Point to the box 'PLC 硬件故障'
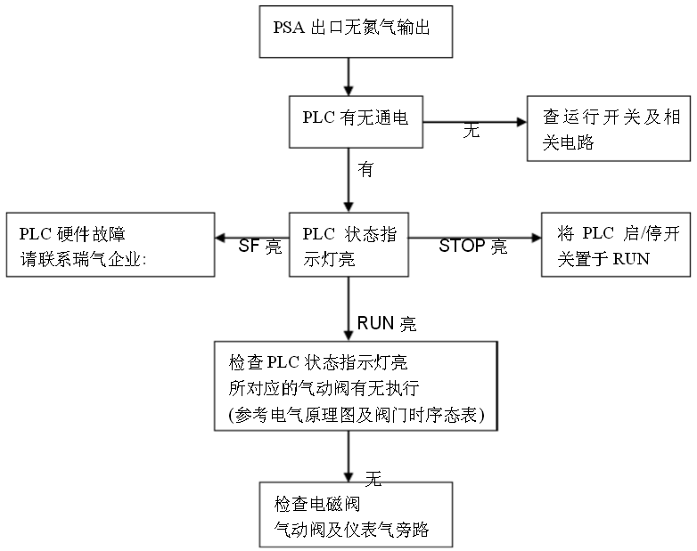111,245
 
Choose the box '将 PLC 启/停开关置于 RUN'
616,245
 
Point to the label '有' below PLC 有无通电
365,169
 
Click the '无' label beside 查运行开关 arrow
471,130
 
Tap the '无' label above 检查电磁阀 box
373,479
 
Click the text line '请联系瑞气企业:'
82,258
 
